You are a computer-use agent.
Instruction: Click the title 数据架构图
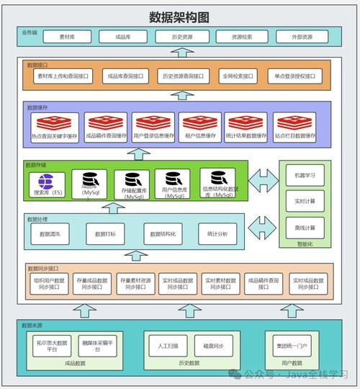[x=179, y=17]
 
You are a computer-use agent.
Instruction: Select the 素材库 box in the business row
[x=72, y=37]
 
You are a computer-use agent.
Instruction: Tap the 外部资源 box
[x=303, y=37]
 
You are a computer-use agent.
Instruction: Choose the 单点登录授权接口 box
[x=296, y=76]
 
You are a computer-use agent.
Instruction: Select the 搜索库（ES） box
[x=48, y=184]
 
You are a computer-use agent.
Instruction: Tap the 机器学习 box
[x=300, y=175]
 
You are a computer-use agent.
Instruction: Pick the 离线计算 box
[x=300, y=228]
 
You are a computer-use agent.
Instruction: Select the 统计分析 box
[x=217, y=233]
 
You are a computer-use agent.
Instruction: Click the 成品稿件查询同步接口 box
[x=264, y=284]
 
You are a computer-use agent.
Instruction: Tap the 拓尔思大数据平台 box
[x=52, y=346]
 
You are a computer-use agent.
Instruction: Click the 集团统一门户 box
[x=292, y=346]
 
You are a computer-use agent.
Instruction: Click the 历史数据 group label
[x=189, y=363]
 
